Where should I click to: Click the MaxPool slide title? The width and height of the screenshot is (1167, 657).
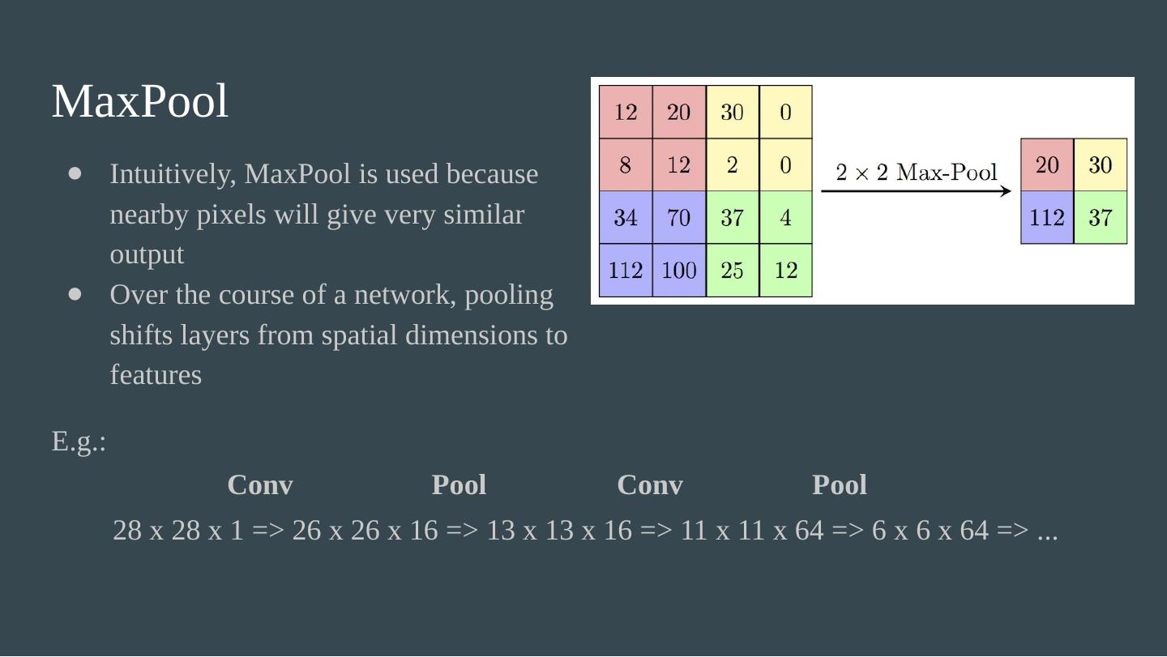tap(140, 102)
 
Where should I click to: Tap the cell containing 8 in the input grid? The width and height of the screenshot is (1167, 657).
tap(626, 165)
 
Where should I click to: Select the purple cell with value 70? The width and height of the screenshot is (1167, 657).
tap(679, 218)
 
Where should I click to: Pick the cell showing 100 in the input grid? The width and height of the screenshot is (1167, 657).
tap(679, 270)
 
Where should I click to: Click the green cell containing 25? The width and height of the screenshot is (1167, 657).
tap(732, 270)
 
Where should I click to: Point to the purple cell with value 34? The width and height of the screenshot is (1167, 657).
tap(626, 218)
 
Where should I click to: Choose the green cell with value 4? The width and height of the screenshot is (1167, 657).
tap(785, 218)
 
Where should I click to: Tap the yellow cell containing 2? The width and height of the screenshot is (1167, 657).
tap(732, 165)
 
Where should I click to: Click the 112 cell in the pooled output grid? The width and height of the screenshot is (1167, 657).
tap(1047, 218)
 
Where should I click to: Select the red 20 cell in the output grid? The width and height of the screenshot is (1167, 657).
tap(1047, 165)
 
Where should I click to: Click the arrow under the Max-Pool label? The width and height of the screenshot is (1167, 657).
tap(917, 192)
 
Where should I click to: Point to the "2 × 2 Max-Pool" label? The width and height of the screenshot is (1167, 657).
tap(917, 172)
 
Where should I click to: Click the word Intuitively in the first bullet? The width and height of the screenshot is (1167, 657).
tap(173, 174)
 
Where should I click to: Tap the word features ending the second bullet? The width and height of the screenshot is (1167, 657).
tap(156, 375)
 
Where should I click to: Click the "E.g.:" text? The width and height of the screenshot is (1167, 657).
tap(79, 442)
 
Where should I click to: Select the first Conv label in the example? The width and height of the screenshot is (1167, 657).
tap(260, 485)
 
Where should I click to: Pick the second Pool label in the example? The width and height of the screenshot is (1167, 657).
tap(840, 485)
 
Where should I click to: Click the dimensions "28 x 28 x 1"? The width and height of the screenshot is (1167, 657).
tap(177, 531)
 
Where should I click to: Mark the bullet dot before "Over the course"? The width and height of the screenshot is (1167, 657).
tap(76, 294)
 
